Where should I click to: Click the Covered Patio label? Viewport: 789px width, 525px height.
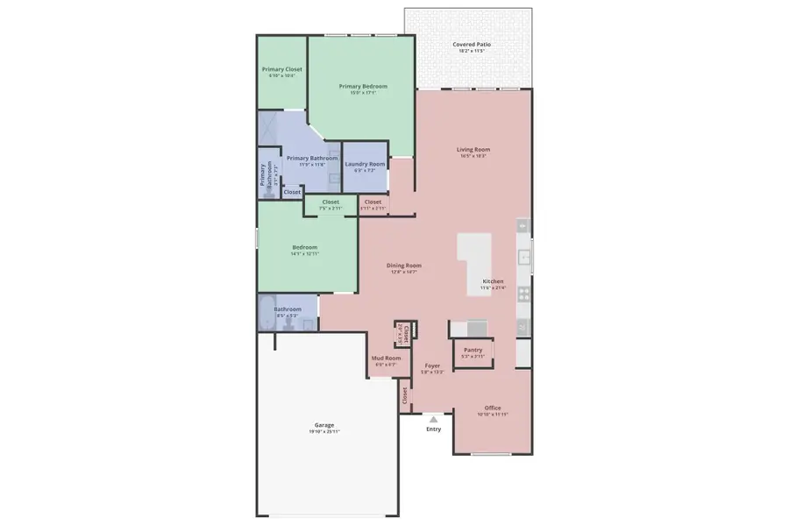(471, 44)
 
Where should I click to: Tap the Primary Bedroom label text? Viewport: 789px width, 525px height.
(363, 86)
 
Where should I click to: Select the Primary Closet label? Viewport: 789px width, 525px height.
(281, 68)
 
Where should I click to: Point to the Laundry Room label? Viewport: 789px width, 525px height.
(365, 164)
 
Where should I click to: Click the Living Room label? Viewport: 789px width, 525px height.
(473, 149)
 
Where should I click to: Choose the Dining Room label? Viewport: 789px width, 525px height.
(404, 265)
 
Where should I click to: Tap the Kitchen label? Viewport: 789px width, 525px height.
(493, 281)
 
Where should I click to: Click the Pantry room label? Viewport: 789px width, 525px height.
(473, 350)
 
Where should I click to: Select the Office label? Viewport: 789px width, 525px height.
(493, 408)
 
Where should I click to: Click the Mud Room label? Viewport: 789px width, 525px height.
(387, 358)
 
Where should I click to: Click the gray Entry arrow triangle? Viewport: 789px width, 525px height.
(433, 420)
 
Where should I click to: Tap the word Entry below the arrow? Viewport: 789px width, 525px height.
(434, 429)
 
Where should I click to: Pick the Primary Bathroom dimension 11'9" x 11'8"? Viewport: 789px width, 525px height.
(311, 164)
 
